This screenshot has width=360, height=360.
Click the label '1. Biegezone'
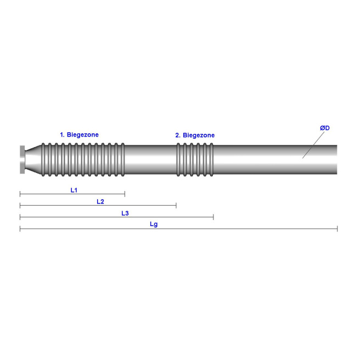79,134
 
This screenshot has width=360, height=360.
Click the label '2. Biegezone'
195,135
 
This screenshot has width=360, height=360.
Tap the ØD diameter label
325,128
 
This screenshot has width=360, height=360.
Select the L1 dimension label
74,190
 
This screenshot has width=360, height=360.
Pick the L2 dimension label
100,201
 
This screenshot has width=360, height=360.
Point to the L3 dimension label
125,213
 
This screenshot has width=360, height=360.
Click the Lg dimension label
154,224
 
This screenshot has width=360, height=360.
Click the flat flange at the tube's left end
22,160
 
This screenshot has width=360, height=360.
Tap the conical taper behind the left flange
34,160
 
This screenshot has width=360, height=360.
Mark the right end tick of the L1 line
125,194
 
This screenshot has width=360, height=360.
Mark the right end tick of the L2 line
176,205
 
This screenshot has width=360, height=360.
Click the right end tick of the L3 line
213,217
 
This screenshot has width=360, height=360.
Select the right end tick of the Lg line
337,228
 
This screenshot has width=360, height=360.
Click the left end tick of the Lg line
20,228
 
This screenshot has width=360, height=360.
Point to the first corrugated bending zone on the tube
85,160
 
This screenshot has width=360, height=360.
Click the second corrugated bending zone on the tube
194,160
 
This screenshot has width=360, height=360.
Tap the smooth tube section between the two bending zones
150,160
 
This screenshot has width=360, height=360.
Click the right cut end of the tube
336,160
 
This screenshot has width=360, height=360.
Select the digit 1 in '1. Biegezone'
61,134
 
